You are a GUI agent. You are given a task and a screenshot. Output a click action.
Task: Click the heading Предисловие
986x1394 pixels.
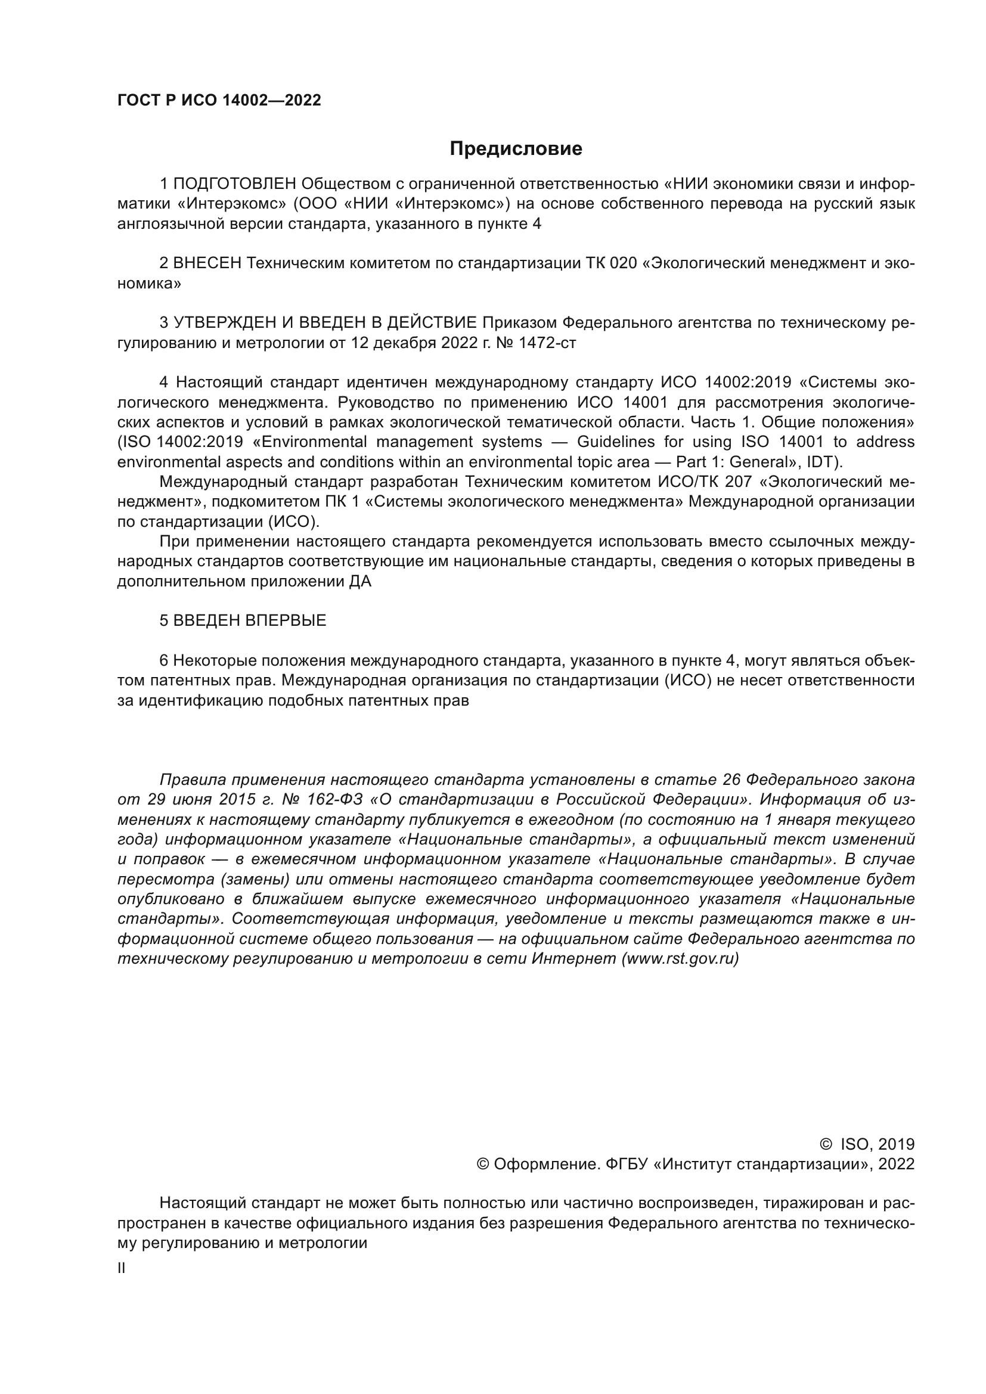click(516, 149)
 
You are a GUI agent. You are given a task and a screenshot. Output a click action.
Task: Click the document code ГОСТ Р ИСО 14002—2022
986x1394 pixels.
click(219, 101)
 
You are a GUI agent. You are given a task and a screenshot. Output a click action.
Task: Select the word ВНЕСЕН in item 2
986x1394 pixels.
click(207, 263)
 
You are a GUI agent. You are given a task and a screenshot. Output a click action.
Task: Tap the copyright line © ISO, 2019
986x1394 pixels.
click(867, 1144)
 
